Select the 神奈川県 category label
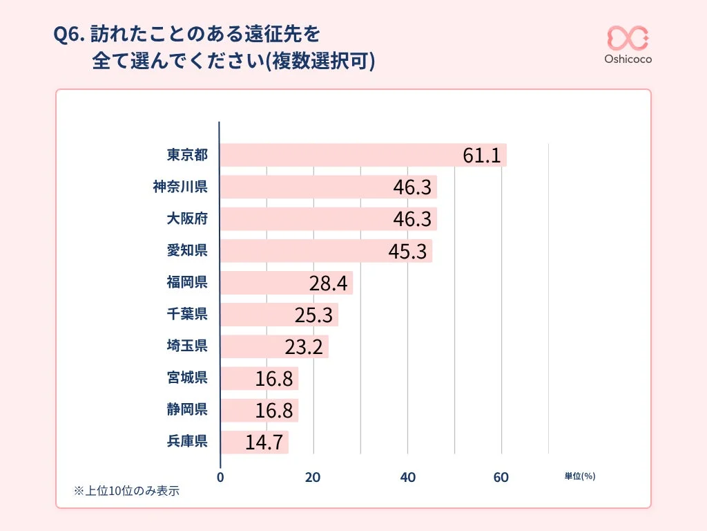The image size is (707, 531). pyautogui.click(x=180, y=187)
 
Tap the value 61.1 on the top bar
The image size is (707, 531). pyautogui.click(x=481, y=156)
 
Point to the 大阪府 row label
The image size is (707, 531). pyautogui.click(x=187, y=218)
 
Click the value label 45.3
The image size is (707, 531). pyautogui.click(x=407, y=252)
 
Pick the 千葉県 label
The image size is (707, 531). pyautogui.click(x=187, y=315)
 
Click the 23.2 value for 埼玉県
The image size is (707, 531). pyautogui.click(x=304, y=346)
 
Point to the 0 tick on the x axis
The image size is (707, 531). pyautogui.click(x=220, y=477)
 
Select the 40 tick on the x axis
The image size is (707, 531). pyautogui.click(x=407, y=477)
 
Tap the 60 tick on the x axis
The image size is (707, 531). pyautogui.click(x=501, y=477)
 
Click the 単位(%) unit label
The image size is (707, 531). pyautogui.click(x=579, y=476)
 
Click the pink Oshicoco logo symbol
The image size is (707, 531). pyautogui.click(x=628, y=37)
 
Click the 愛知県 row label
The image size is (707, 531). pyautogui.click(x=187, y=250)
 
